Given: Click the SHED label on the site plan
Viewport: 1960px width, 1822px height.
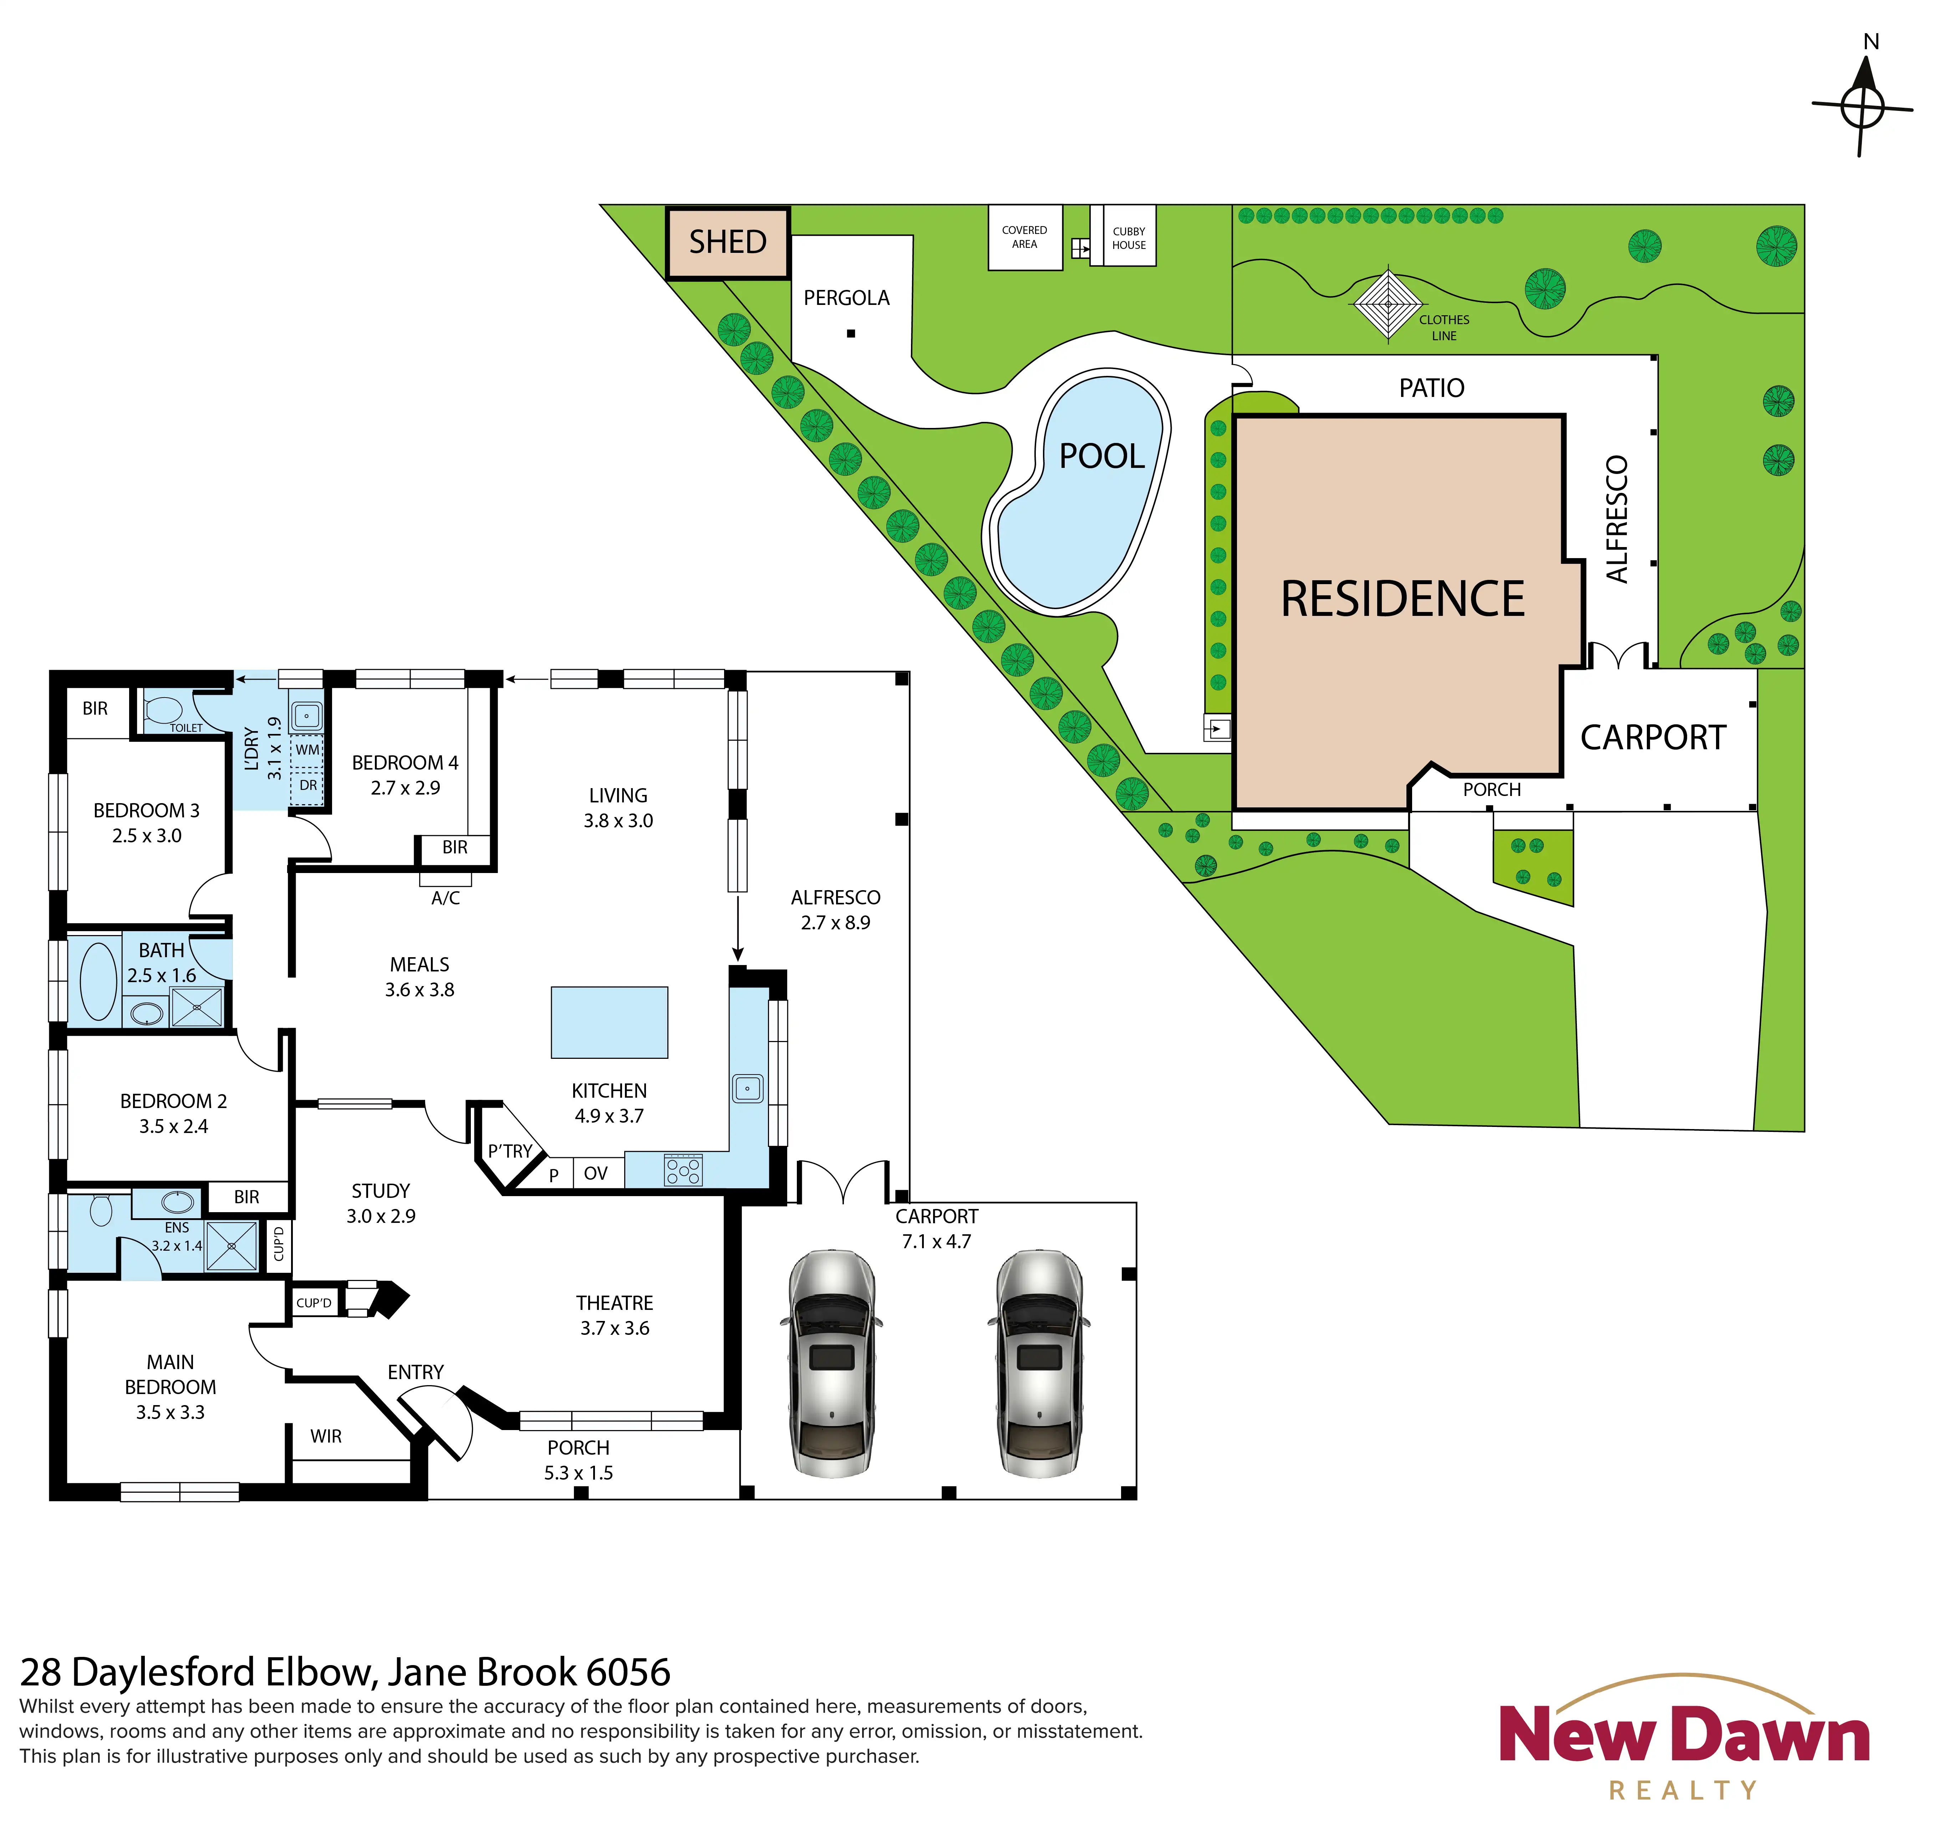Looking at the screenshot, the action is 728,241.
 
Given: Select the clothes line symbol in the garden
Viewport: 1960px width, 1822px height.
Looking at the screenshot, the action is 1388,304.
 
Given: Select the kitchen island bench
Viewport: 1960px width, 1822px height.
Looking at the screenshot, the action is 609,1022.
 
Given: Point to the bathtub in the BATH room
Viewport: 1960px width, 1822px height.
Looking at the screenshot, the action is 98,981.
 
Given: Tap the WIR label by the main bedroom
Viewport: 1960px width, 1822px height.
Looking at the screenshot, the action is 325,1436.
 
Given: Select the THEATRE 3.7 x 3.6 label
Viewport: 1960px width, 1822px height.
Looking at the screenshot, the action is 614,1315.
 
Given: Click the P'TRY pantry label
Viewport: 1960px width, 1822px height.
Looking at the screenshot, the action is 510,1150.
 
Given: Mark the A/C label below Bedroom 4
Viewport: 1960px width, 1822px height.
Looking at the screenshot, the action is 446,898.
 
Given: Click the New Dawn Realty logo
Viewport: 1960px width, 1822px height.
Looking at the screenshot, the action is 1684,1735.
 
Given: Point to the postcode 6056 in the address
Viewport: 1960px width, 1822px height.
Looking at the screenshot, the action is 628,1672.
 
